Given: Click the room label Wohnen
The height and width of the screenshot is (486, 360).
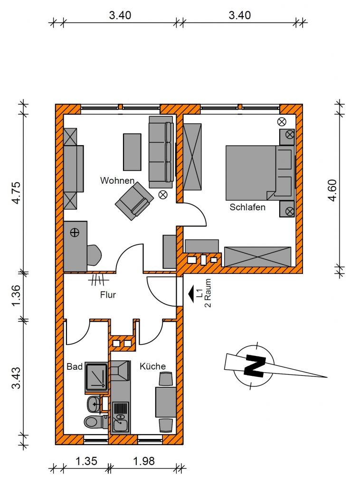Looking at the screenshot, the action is (x=117, y=181).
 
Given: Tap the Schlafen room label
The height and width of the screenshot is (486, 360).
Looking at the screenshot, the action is (x=247, y=207).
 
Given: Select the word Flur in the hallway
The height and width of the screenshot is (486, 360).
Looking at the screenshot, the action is (x=108, y=295).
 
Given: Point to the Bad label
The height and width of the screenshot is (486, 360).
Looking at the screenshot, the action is (x=75, y=367).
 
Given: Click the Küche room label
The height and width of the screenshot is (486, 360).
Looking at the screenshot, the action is (x=152, y=366).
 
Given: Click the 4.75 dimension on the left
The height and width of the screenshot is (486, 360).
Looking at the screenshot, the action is (x=16, y=193).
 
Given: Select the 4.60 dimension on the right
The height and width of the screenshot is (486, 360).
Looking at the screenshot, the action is (x=332, y=190).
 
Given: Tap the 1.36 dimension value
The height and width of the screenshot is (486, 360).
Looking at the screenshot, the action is (x=16, y=295).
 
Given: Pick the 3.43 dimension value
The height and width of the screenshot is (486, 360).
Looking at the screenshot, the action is (x=16, y=378).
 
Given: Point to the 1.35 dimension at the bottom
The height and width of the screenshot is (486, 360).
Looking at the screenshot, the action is (x=86, y=461).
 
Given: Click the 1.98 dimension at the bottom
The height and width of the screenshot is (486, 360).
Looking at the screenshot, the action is (x=144, y=461).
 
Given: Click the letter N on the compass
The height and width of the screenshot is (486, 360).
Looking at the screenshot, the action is (x=255, y=366).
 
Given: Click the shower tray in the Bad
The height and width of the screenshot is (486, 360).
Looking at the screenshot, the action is (x=97, y=377).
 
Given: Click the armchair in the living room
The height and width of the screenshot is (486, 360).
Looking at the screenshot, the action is (x=134, y=201).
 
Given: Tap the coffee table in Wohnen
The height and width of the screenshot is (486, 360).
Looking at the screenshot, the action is (x=133, y=152).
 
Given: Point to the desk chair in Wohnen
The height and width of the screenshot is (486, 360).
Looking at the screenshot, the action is (x=94, y=255).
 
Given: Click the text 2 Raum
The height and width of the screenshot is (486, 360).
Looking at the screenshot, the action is (x=208, y=293).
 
